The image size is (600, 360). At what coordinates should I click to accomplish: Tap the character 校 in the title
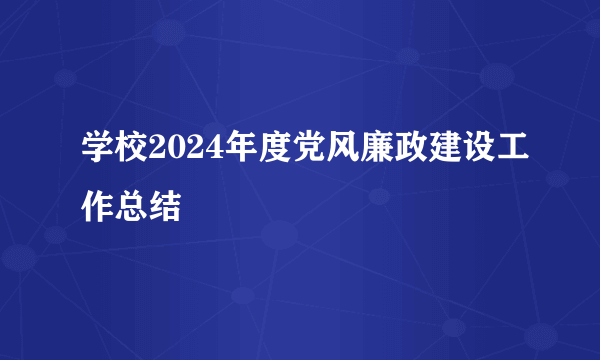132,152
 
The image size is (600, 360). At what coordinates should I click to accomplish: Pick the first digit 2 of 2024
158,152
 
